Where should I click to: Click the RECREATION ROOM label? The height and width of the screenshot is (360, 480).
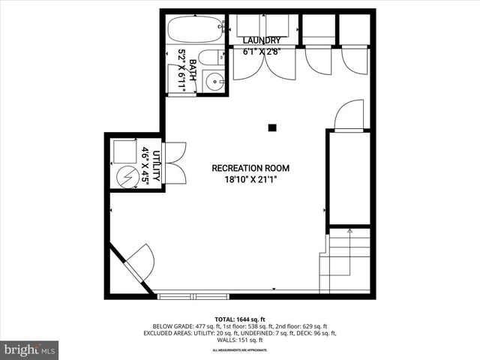coord(250,168)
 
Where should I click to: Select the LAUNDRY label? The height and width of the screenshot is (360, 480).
coord(262,40)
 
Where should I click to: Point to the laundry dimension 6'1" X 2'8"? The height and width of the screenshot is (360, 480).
coord(262,52)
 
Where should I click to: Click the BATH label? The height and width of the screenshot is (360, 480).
coord(192,70)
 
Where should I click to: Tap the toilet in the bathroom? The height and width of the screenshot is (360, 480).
coord(211,57)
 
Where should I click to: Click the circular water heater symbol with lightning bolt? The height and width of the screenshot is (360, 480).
coord(127,178)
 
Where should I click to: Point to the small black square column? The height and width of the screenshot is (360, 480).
coord(274,127)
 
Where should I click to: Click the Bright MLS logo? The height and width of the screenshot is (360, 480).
coord(30,349)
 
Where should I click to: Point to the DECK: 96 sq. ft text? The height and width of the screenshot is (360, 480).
coord(307,333)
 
